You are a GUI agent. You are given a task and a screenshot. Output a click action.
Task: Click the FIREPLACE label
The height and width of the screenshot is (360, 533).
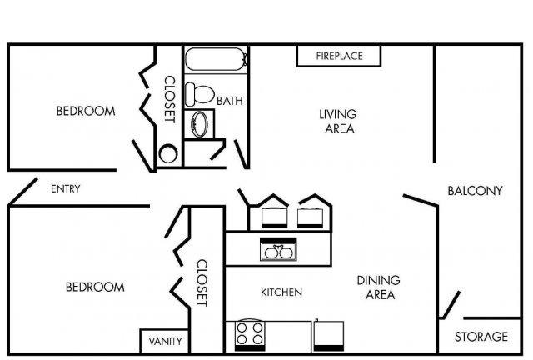click(339, 56)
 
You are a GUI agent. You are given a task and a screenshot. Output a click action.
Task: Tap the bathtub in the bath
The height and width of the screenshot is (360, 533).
click(216, 59)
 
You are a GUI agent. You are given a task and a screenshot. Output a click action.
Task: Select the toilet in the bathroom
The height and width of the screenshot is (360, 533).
click(200, 94)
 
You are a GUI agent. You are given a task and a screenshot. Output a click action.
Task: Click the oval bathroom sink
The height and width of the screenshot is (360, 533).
click(199, 124)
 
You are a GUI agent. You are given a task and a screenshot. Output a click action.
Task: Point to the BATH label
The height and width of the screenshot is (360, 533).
click(230, 101)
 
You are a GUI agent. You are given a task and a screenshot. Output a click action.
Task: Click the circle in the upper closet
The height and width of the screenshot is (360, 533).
click(168, 153)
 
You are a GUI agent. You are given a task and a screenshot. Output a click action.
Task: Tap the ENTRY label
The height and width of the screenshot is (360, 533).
click(66, 188)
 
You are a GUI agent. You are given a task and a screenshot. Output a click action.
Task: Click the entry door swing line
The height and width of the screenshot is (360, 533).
click(22, 192)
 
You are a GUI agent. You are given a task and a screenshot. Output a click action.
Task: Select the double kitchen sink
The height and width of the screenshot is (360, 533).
click(278, 249)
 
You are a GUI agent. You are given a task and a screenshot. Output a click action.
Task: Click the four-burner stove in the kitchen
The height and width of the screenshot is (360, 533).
click(250, 335)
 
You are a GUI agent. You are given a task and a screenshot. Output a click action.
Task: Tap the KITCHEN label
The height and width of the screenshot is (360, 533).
click(281, 292)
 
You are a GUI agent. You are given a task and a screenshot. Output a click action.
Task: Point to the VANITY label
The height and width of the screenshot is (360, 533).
click(165, 341)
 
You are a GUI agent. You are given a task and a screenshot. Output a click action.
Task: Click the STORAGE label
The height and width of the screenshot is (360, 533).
click(481, 337)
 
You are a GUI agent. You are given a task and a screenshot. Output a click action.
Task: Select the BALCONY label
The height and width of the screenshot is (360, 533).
click(475, 191)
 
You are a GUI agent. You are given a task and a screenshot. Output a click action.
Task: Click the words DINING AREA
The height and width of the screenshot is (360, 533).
click(379, 287)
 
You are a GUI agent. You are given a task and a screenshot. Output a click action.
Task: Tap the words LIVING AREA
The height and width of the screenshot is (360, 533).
click(338, 121)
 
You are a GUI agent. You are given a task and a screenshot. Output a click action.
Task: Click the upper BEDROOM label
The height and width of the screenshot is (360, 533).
click(86, 111)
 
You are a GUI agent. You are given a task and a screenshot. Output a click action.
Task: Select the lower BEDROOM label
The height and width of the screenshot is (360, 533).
click(95, 287)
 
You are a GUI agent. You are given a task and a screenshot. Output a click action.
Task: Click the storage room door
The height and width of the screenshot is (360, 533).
click(450, 305)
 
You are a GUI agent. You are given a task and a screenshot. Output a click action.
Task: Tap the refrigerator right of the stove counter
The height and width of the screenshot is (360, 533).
click(328, 336)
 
